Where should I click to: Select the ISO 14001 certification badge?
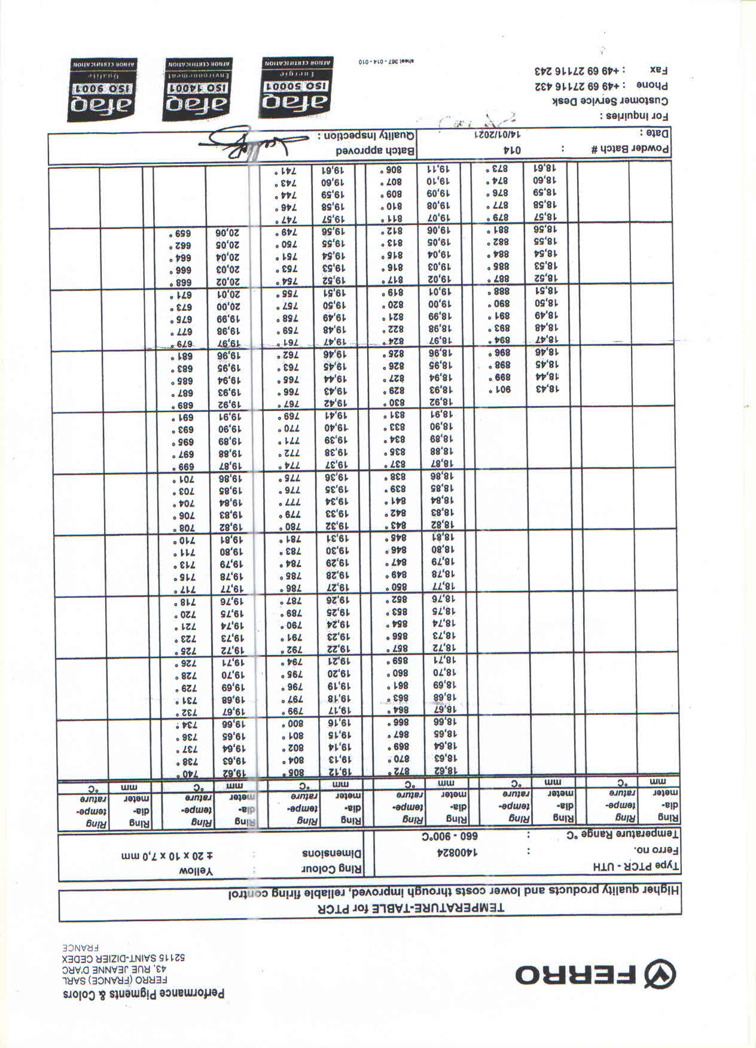click(x=199, y=90)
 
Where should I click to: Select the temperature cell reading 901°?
click(x=501, y=390)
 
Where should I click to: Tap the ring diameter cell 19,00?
click(x=440, y=303)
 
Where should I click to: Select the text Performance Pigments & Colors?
click(x=144, y=994)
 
